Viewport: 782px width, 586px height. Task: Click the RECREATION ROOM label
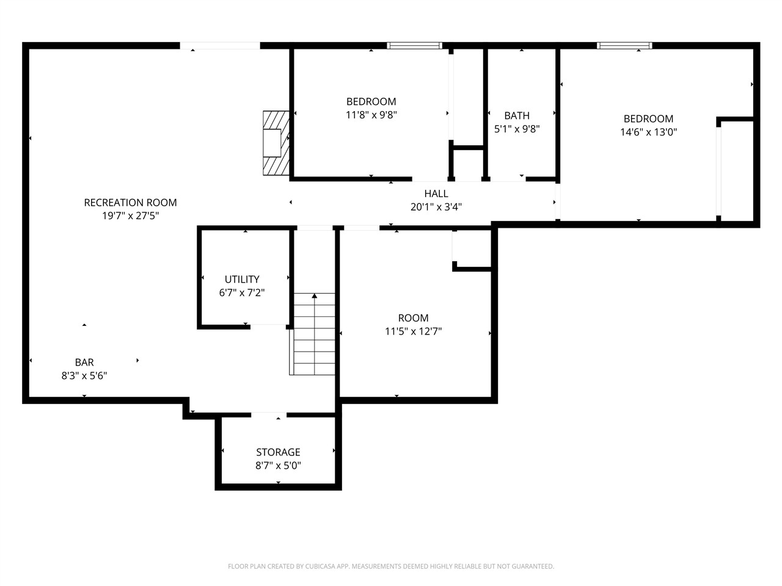click(x=130, y=203)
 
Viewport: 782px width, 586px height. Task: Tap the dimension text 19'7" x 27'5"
click(x=130, y=216)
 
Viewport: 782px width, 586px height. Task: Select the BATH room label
click(x=517, y=116)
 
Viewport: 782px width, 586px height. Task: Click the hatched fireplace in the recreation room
click(x=275, y=143)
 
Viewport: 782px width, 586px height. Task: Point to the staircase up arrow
click(x=315, y=297)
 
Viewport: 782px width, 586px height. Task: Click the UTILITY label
click(x=242, y=280)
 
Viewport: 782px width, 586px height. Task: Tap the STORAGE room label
click(x=278, y=452)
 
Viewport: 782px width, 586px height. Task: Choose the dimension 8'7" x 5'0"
click(x=278, y=466)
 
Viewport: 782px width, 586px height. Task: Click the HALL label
click(x=436, y=194)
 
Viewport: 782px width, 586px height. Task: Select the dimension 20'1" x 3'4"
click(x=436, y=208)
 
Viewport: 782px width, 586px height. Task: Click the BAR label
click(x=84, y=363)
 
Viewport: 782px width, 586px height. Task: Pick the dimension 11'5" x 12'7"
click(x=414, y=331)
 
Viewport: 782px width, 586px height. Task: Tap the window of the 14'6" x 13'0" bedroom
click(x=624, y=46)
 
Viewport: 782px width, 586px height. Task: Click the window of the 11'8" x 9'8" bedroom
click(x=415, y=46)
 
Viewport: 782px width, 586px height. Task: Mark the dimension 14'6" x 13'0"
click(x=648, y=132)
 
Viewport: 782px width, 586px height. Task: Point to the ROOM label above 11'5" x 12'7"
click(x=414, y=318)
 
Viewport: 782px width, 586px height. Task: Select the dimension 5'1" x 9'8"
click(x=517, y=129)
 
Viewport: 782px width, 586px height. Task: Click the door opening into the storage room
click(x=269, y=415)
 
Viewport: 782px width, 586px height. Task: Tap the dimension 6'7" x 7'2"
click(x=242, y=293)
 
